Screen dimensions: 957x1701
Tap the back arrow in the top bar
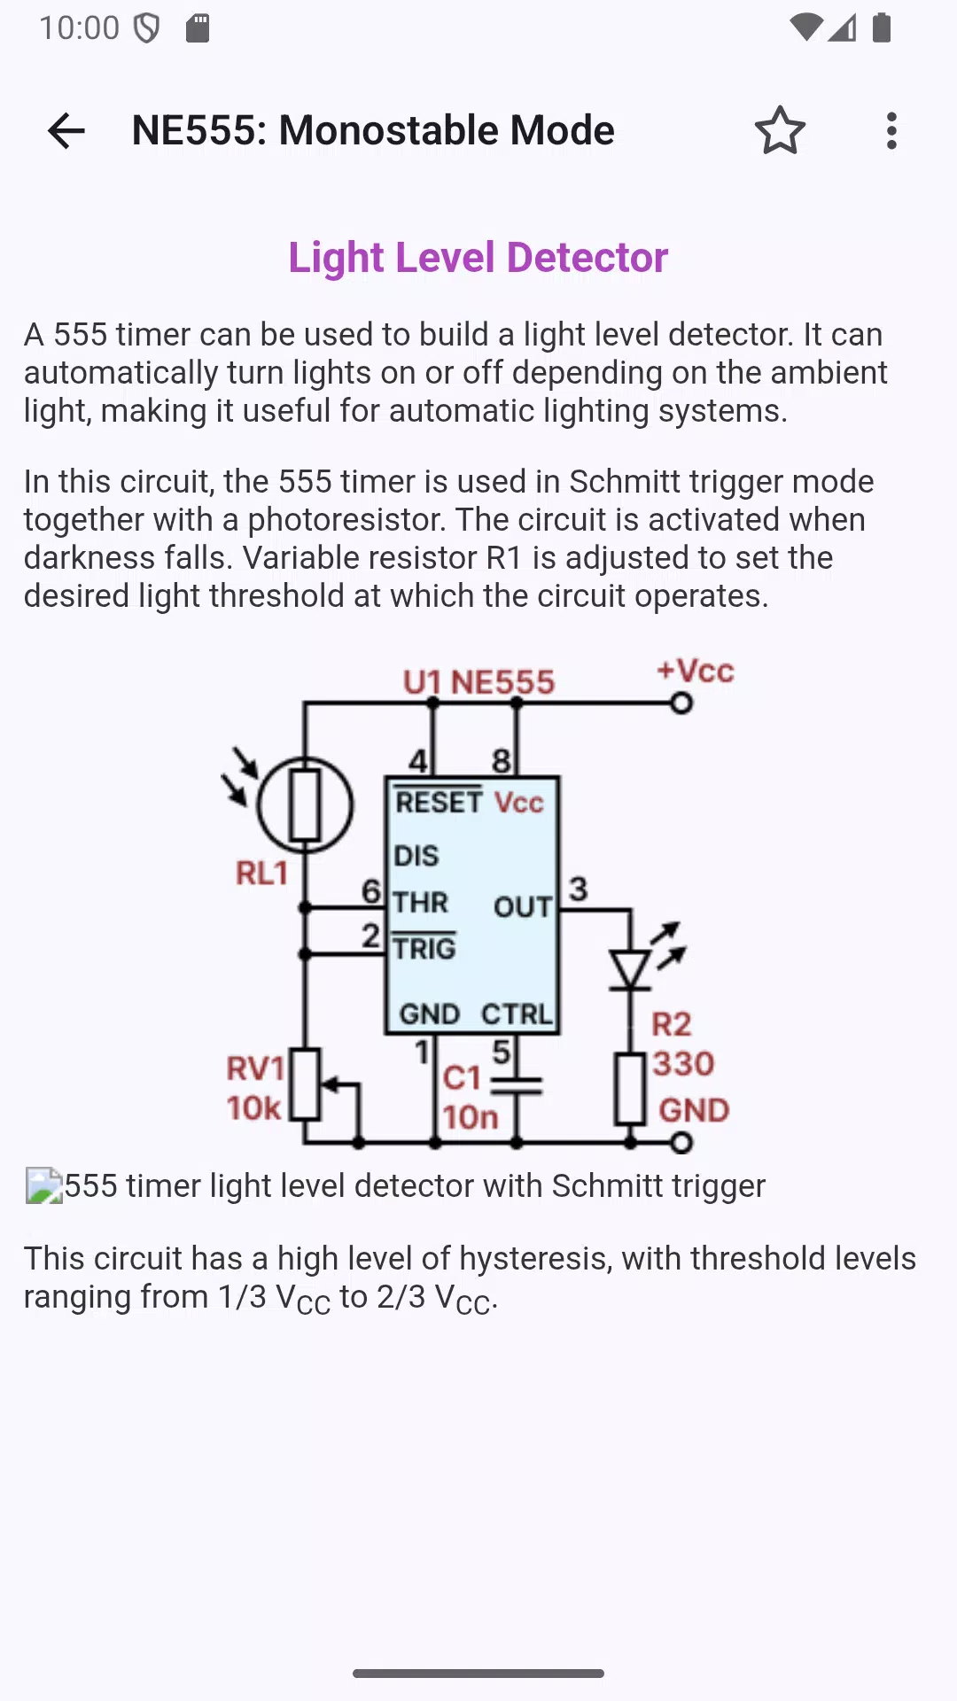(x=66, y=131)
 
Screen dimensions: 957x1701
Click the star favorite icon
(x=780, y=131)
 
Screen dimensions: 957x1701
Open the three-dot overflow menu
(x=891, y=131)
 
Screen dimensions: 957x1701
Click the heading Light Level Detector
(x=478, y=258)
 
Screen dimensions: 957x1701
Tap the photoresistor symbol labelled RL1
(x=305, y=805)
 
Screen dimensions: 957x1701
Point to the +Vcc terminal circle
(x=681, y=703)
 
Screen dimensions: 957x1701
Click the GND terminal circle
(x=681, y=1143)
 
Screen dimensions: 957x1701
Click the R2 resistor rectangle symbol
(x=630, y=1088)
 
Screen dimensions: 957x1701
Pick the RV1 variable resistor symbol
(x=306, y=1084)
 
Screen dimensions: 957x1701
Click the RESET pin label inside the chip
(x=439, y=802)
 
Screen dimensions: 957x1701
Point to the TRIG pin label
(x=424, y=948)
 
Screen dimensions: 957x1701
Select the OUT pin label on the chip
(x=523, y=906)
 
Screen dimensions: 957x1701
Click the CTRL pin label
(x=517, y=1014)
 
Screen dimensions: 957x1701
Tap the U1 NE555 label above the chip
(x=478, y=682)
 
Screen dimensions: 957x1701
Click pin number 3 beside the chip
(x=579, y=889)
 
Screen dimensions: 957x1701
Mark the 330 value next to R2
(x=683, y=1063)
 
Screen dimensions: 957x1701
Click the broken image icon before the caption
(x=44, y=1186)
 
